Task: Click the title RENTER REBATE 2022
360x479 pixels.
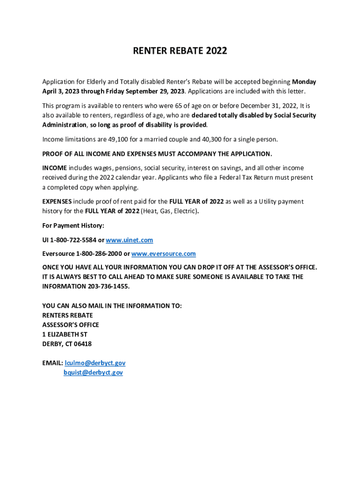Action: point(180,51)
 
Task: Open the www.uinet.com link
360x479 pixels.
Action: point(130,240)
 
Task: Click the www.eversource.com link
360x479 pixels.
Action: point(163,254)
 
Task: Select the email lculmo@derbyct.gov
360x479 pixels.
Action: point(95,363)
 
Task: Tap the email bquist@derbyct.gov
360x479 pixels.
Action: point(93,373)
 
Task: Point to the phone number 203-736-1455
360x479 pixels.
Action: point(108,286)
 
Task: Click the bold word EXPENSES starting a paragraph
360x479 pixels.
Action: point(57,202)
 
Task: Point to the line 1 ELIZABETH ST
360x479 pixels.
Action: point(65,334)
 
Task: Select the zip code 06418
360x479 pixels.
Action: point(82,344)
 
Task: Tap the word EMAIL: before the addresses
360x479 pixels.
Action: point(52,363)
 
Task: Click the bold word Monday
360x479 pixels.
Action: point(304,82)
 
